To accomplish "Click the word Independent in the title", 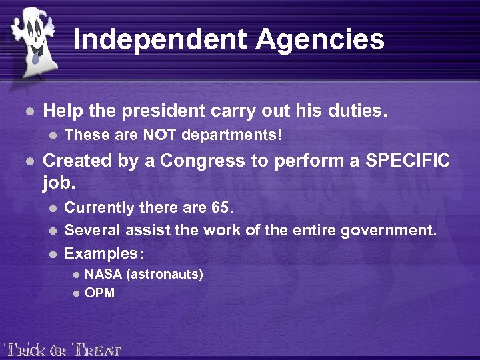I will [x=159, y=39].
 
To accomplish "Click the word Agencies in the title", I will [x=321, y=39].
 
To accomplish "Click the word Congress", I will [x=210, y=161].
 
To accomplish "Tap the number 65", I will [x=221, y=208].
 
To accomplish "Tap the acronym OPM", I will [x=100, y=293].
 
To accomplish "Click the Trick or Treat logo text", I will [x=63, y=349].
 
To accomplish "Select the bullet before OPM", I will [x=76, y=293].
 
